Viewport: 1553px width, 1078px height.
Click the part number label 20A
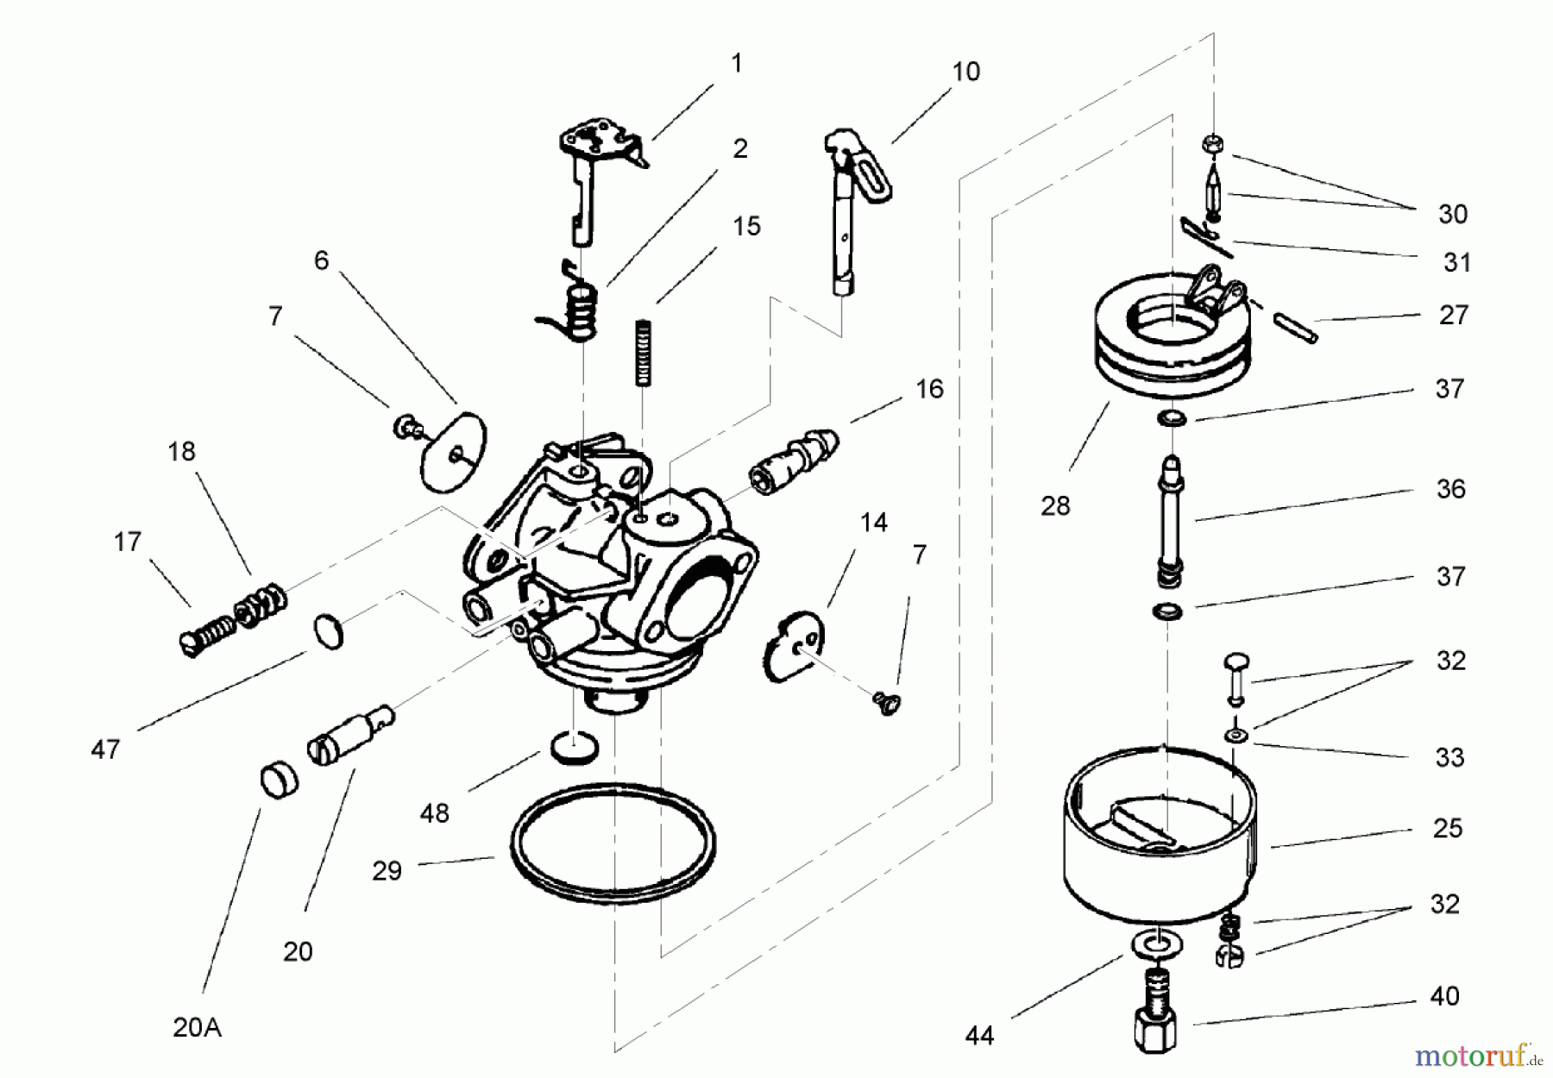click(x=197, y=1028)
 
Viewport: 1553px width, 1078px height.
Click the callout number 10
click(x=965, y=72)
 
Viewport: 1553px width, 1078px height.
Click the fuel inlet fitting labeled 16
click(x=794, y=461)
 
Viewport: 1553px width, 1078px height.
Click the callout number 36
click(x=1450, y=489)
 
